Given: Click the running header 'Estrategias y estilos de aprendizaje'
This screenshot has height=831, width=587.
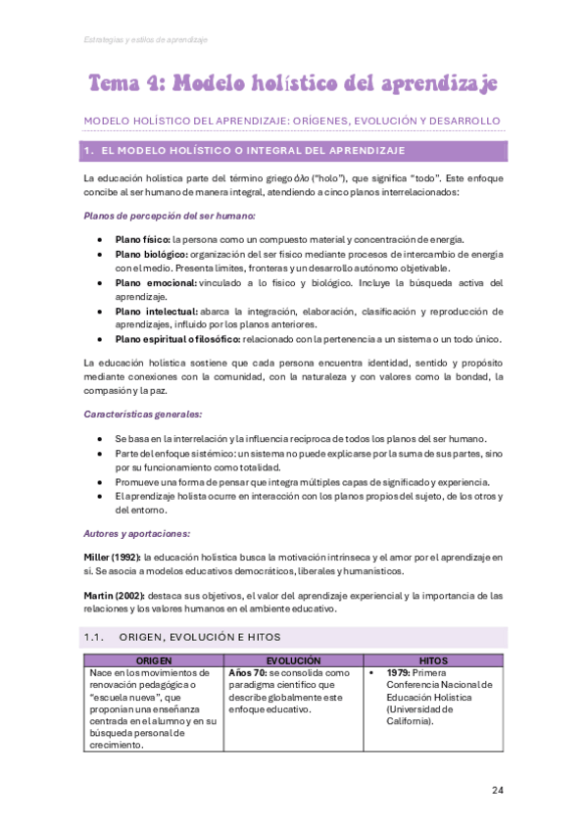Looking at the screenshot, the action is (145, 39).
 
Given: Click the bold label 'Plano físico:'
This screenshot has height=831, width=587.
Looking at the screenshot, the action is (142, 239).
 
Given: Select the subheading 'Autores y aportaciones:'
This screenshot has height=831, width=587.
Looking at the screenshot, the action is (137, 534).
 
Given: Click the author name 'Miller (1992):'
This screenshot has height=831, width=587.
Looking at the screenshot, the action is (112, 557).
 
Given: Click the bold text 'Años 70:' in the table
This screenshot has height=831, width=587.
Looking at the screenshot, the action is (249, 674).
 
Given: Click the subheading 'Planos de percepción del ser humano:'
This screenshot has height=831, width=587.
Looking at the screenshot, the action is (169, 216).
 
